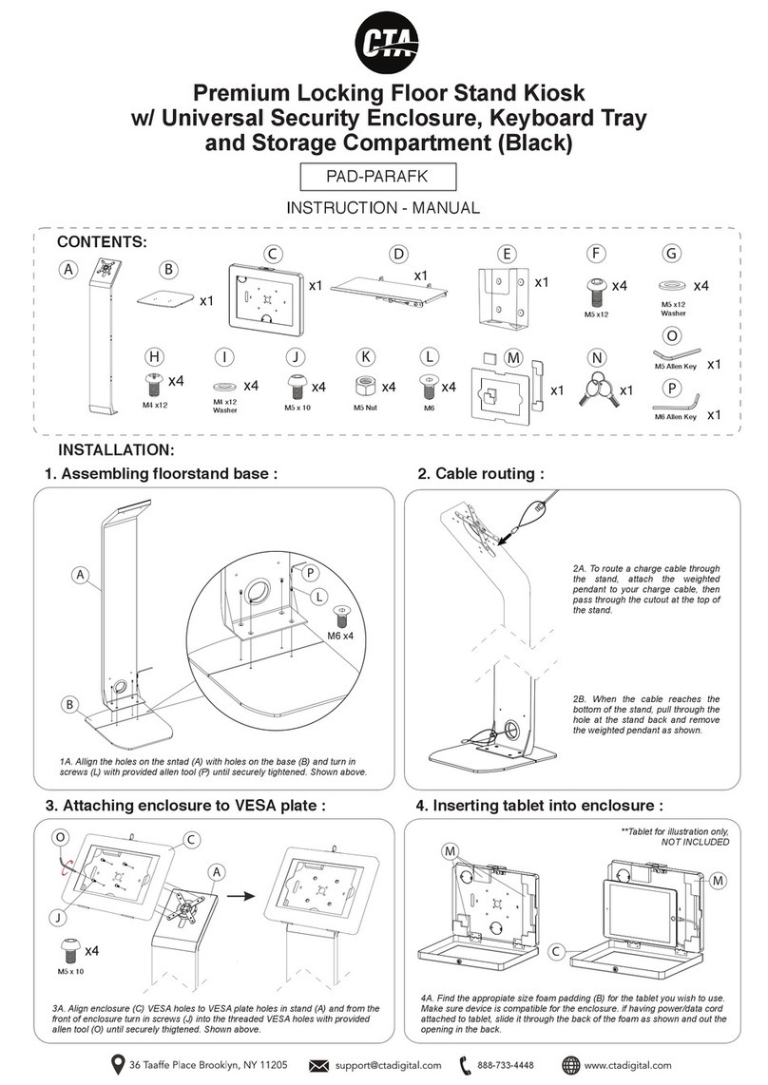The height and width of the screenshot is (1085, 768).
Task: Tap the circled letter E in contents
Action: pos(508,254)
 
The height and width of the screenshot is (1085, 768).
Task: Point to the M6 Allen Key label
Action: pos(675,416)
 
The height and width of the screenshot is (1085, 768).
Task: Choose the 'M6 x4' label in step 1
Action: pos(340,636)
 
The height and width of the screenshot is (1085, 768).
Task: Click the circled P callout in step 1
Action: pos(309,571)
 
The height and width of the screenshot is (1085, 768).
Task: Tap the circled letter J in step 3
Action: pos(59,918)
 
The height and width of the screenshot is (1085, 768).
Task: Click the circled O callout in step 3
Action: pos(59,837)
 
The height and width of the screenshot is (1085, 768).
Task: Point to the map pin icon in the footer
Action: pos(117,1064)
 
